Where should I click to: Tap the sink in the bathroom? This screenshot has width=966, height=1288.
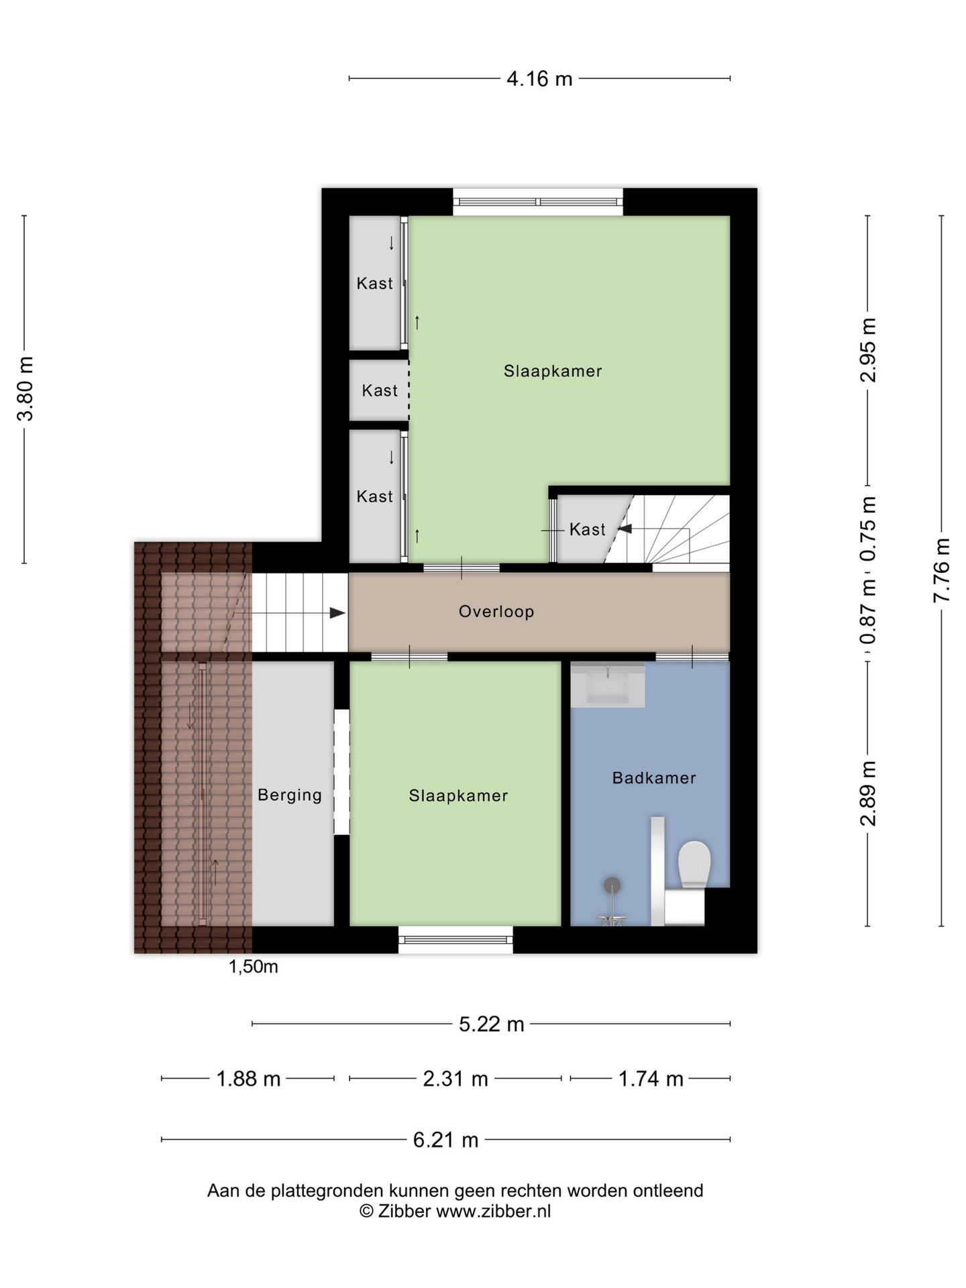click(x=608, y=685)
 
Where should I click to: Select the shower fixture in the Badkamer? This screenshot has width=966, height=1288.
click(x=612, y=902)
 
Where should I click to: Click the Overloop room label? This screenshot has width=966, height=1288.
click(x=496, y=611)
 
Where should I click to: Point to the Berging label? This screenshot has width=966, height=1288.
click(x=290, y=795)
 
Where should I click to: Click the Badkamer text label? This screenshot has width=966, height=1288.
click(x=654, y=777)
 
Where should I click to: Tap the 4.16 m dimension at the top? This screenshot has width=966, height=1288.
click(x=539, y=79)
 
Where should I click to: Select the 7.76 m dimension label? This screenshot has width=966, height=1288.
click(x=941, y=570)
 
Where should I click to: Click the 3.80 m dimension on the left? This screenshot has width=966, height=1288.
click(x=25, y=388)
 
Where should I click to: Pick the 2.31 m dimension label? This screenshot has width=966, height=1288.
click(x=455, y=1079)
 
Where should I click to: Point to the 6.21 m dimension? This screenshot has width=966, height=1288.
click(x=446, y=1140)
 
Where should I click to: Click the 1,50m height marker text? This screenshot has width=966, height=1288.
click(x=253, y=967)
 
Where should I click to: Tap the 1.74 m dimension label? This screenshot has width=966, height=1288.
click(x=651, y=1079)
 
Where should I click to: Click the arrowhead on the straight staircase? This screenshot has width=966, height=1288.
click(x=337, y=613)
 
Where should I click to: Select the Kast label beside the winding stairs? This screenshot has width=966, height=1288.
click(x=588, y=529)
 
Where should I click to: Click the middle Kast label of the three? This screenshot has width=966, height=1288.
click(x=380, y=390)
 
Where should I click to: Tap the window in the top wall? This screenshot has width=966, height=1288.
click(x=538, y=202)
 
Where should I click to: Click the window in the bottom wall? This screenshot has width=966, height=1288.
click(x=455, y=940)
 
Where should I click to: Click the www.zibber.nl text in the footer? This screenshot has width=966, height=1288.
click(x=494, y=1211)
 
